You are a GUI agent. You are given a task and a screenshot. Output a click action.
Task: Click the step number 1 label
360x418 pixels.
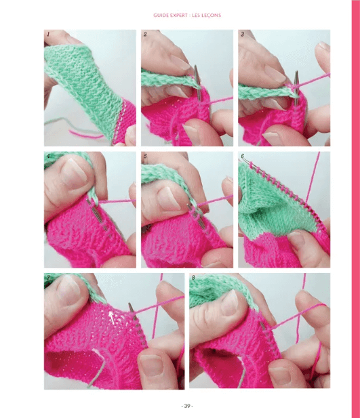point(47,33)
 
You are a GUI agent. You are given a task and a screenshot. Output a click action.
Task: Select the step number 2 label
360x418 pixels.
point(146,33)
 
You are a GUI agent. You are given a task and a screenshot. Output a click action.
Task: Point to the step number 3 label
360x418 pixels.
point(242,33)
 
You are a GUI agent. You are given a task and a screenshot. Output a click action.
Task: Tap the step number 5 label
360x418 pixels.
point(146,156)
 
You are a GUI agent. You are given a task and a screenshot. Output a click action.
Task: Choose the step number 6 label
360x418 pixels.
point(242,156)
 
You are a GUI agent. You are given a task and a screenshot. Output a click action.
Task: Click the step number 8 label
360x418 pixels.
point(194,278)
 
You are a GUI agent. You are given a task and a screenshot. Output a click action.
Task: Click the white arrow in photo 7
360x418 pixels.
point(113,314)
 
